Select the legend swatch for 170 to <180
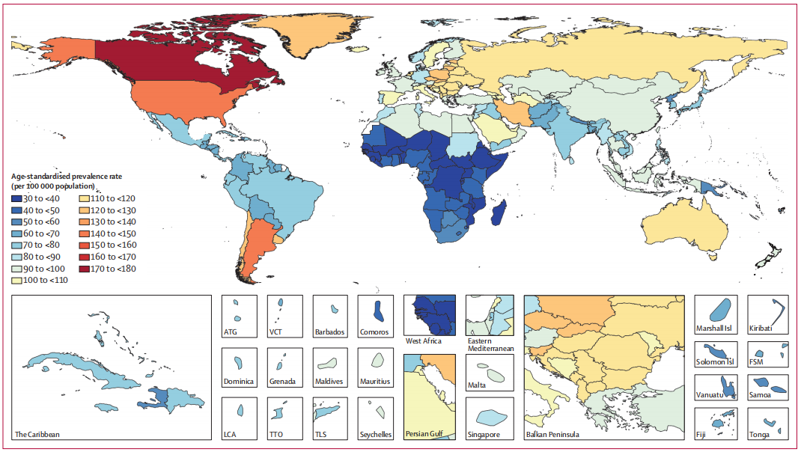coord(84,269)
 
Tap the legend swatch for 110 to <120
coord(84,198)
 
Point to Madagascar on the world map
coord(499,213)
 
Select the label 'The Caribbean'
coord(37,434)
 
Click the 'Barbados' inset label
coord(329,333)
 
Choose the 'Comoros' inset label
coord(374,333)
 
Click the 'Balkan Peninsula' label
coord(552,434)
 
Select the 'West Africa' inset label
coord(424,341)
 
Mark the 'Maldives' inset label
coord(329,382)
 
